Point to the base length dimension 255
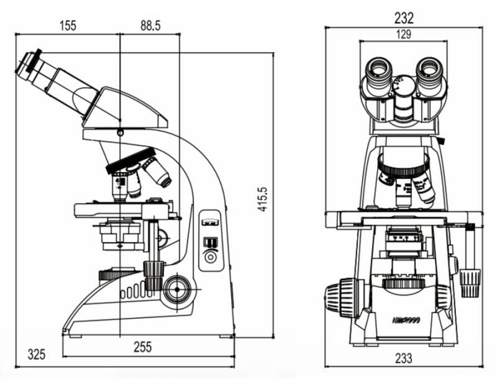143,348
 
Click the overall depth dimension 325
37,355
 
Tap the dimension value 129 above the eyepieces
404,35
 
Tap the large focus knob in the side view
177,287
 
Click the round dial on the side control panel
211,257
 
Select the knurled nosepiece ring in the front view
403,166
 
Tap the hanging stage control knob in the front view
470,283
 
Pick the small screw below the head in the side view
120,132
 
